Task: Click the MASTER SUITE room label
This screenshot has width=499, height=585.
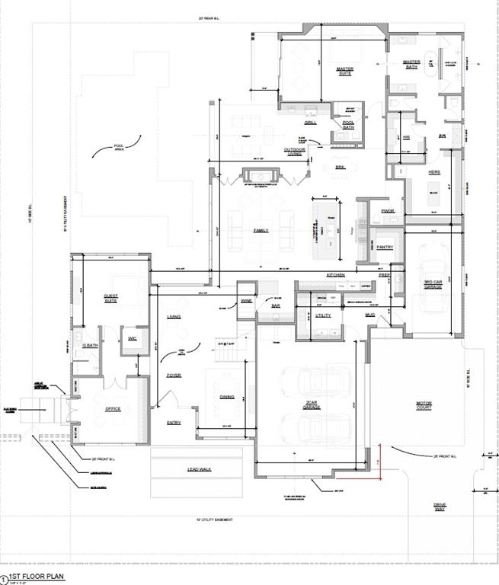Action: point(344,71)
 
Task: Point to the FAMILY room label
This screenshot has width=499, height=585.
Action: point(261,231)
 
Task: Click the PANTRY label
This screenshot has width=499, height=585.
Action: point(385,248)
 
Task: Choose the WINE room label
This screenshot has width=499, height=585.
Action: point(246,302)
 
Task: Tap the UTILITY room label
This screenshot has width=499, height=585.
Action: point(322,314)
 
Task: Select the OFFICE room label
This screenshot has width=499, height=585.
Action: point(112,409)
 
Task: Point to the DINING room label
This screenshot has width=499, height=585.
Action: point(226,397)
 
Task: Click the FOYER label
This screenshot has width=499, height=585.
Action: point(174,376)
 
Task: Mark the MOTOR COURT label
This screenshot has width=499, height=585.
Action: point(424,405)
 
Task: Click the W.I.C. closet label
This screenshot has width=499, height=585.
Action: point(132,338)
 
